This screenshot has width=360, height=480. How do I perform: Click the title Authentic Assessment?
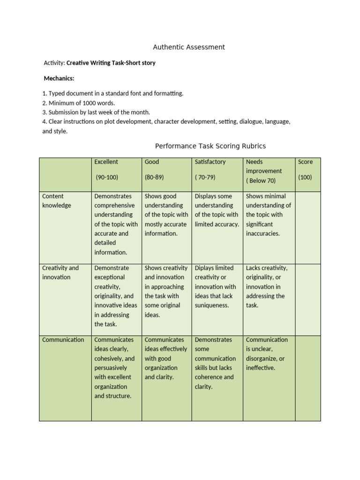[x=189, y=47]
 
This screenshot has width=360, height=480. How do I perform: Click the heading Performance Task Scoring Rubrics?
[x=210, y=146]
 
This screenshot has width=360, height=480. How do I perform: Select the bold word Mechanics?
[x=59, y=78]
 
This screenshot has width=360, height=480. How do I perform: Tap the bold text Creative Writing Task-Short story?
[x=111, y=63]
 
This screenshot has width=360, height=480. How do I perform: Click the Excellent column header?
[x=106, y=162]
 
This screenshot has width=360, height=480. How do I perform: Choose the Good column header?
[x=152, y=162]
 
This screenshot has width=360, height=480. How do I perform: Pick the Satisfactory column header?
[x=210, y=162]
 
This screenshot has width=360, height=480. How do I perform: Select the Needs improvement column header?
[x=264, y=166]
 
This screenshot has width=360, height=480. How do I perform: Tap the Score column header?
[x=305, y=162]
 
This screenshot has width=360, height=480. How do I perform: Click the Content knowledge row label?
[x=57, y=201]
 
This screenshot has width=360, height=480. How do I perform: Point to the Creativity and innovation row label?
[x=60, y=272]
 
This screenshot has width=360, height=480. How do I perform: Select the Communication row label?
[x=63, y=340]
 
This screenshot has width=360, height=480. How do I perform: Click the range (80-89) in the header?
[x=154, y=177]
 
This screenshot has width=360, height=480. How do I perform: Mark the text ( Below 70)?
[x=261, y=180]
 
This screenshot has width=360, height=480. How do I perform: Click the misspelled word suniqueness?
[x=212, y=305]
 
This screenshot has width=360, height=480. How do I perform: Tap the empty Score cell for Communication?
[x=308, y=378]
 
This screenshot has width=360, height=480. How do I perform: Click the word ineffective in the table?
[x=261, y=368]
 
